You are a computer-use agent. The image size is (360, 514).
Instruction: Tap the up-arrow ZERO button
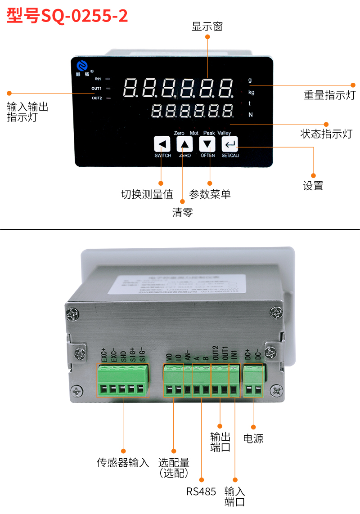184,144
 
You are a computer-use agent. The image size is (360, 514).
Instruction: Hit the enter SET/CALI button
230,144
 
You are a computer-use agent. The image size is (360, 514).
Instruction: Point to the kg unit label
251,92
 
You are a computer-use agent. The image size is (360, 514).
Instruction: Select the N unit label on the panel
251,115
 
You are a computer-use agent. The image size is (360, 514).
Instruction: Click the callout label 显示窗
207,27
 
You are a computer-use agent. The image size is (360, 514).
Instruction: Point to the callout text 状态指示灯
326,134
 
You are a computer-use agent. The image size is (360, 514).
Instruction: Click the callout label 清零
182,213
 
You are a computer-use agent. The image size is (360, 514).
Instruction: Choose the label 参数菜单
210,194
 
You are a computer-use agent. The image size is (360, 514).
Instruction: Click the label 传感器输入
123,462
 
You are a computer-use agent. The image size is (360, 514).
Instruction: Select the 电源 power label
253,438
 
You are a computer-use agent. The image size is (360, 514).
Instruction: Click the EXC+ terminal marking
103,356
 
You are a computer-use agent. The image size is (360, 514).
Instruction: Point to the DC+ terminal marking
247,356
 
